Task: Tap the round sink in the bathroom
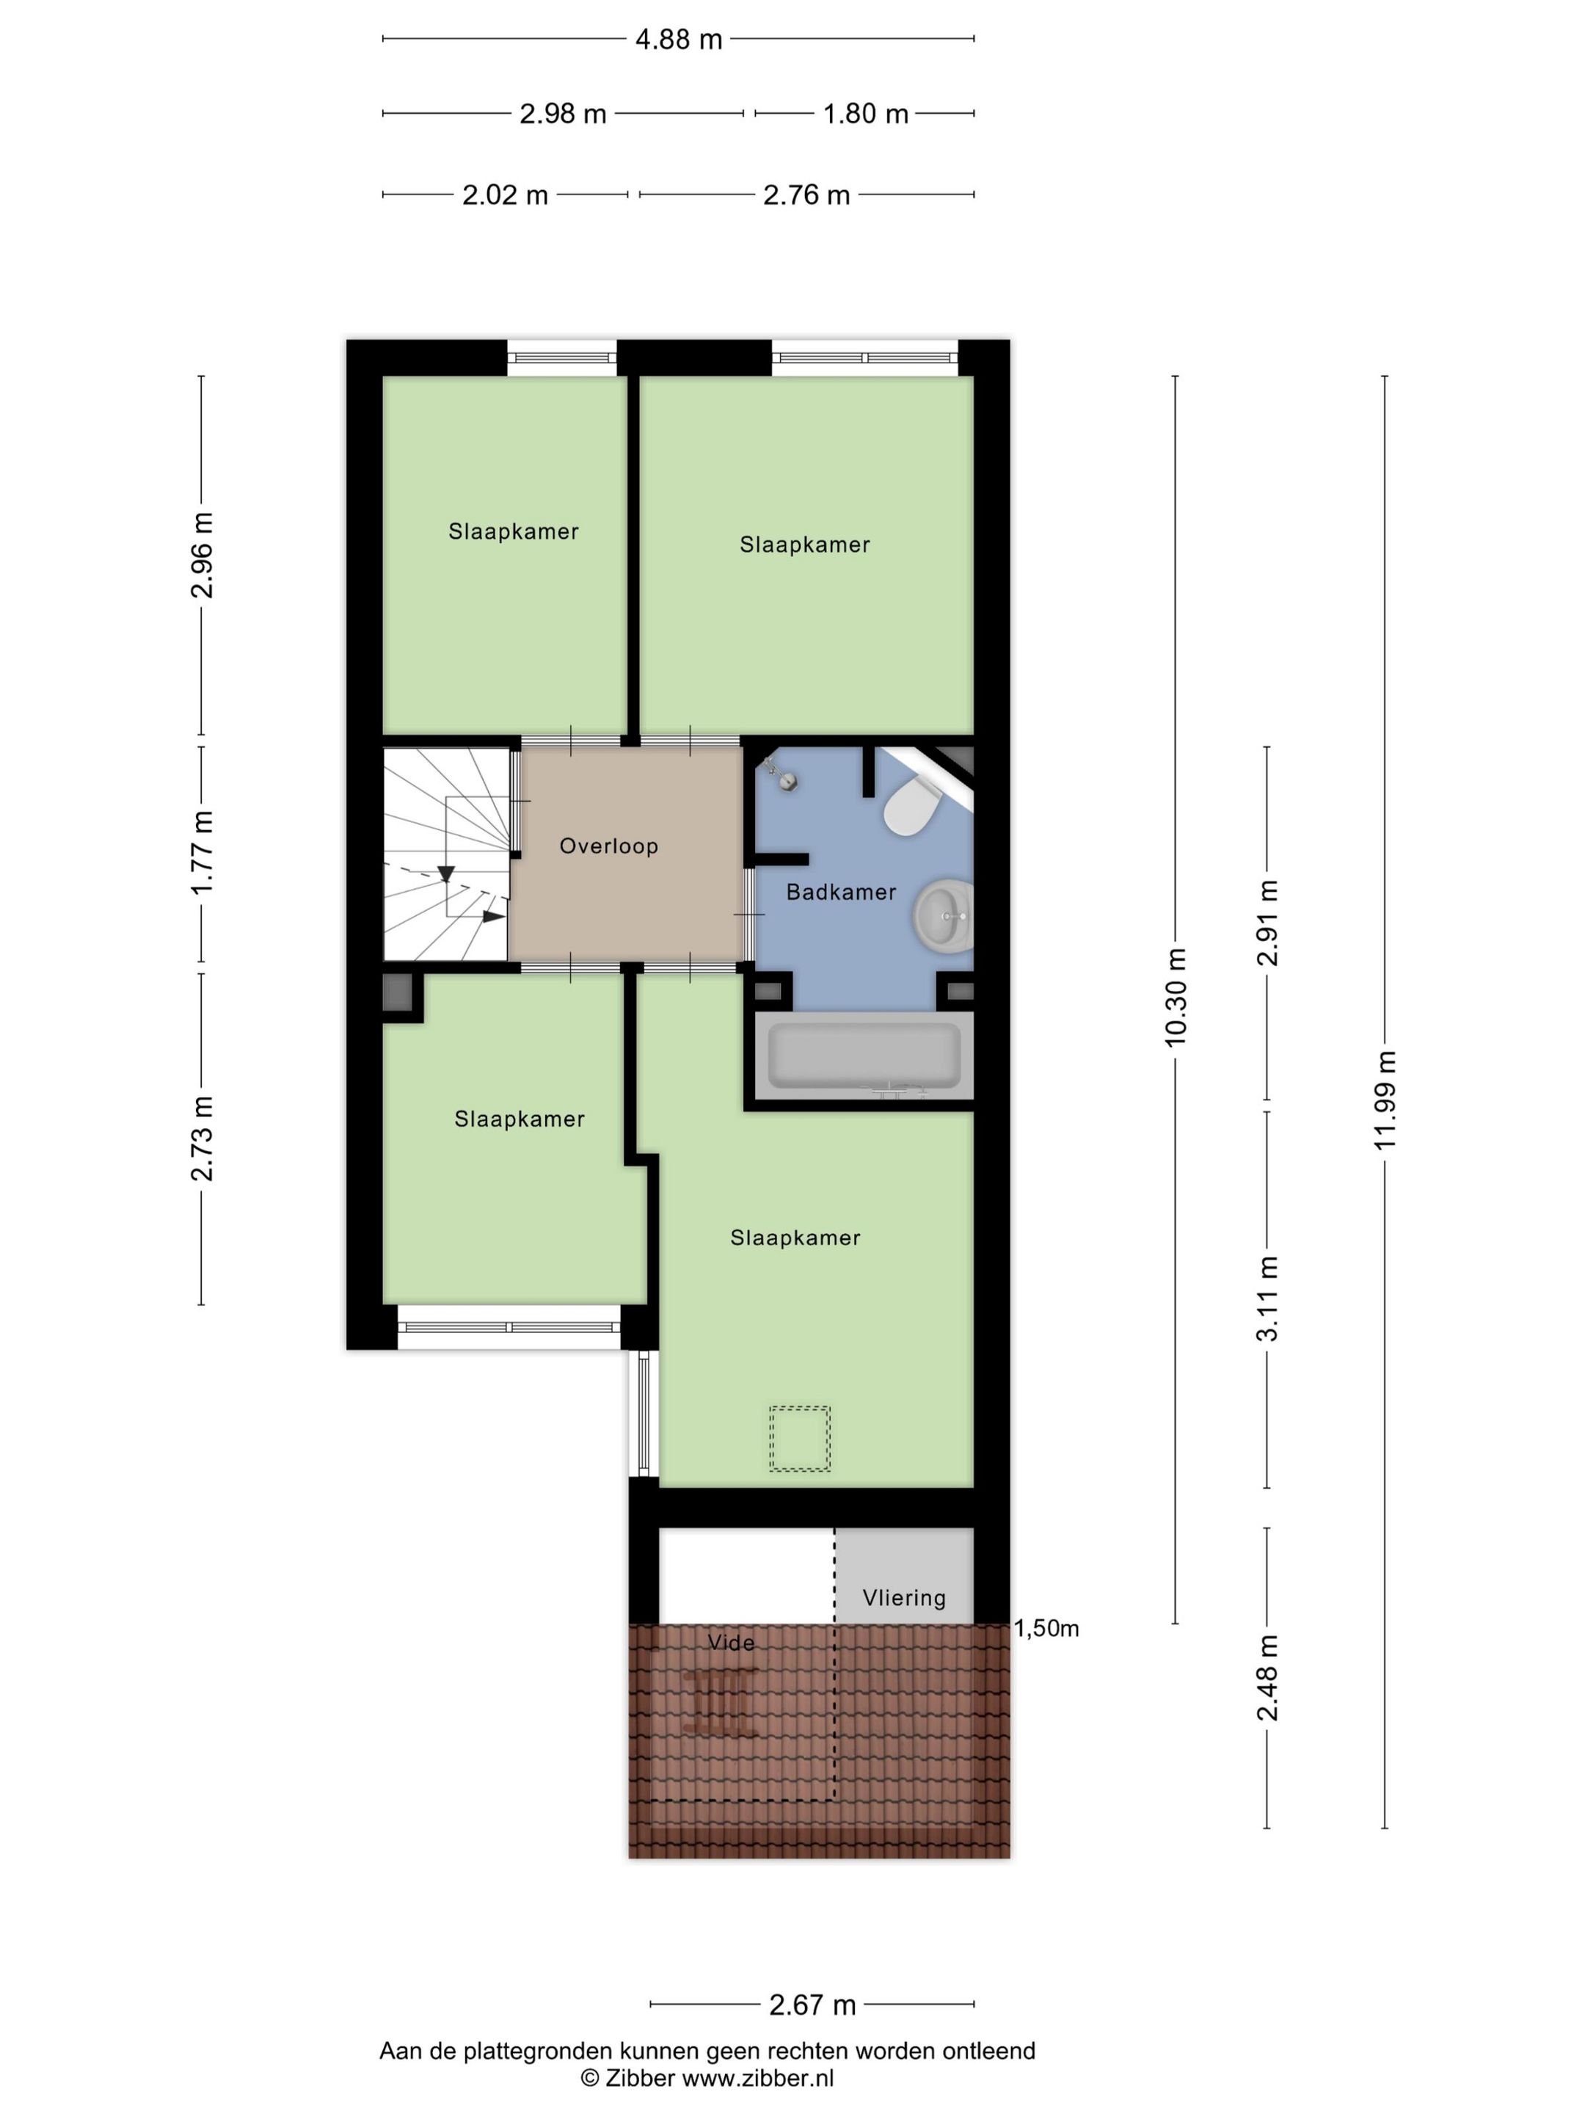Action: [944, 915]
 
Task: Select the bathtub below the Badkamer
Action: [864, 1055]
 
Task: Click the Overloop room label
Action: [608, 846]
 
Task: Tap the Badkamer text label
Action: [841, 892]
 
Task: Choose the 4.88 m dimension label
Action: [678, 39]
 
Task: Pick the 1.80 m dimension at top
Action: [866, 114]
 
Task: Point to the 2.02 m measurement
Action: [506, 195]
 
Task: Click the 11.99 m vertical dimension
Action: [1385, 1100]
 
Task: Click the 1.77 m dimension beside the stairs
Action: [202, 852]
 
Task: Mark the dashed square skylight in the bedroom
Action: [800, 1437]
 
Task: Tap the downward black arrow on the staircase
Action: [445, 873]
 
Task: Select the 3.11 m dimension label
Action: [1267, 1298]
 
